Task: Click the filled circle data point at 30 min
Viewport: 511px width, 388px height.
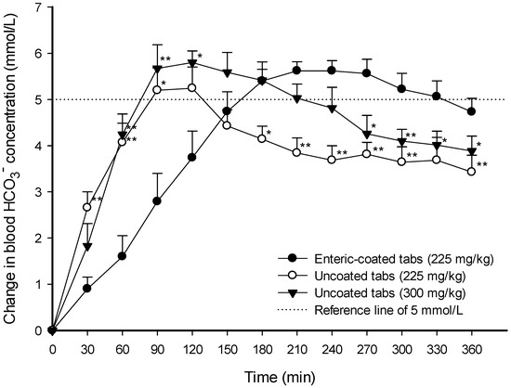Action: click(87, 288)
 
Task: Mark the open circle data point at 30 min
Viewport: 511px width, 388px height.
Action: click(87, 207)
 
